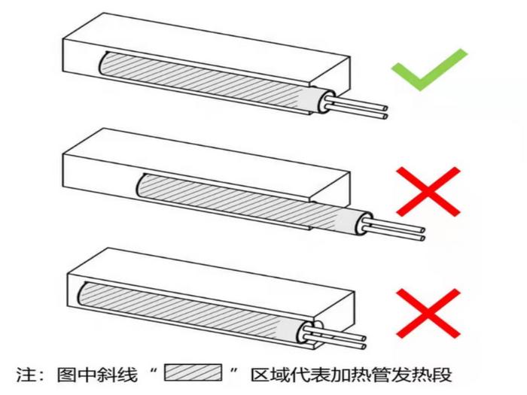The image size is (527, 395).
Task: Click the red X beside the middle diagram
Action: tap(428, 191)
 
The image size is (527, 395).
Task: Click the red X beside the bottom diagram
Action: tap(428, 313)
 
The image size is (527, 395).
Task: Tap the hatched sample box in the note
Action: tap(193, 372)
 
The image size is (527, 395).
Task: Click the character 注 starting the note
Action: tap(26, 374)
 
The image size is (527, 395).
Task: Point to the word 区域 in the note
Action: tap(271, 374)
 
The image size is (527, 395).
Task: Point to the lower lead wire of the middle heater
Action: tap(392, 233)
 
